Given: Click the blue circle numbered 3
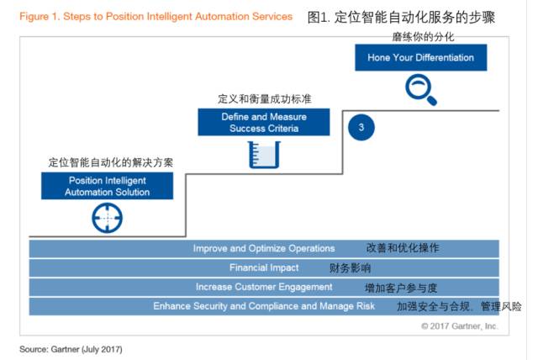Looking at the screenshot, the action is click(x=361, y=127).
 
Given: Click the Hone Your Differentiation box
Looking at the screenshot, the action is click(x=420, y=57).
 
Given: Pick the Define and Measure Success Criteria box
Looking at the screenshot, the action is click(x=264, y=122).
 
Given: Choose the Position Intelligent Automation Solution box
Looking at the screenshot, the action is click(x=107, y=186).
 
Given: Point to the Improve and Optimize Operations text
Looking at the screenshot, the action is click(x=264, y=248).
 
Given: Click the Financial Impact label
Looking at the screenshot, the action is click(x=264, y=267).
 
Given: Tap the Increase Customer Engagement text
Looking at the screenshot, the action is click(x=264, y=287).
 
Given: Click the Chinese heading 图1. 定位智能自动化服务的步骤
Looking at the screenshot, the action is click(x=401, y=17).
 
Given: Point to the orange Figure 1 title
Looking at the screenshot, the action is click(x=156, y=16).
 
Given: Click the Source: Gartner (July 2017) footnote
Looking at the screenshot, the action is click(x=71, y=349).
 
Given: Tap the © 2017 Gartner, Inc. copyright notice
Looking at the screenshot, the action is click(x=460, y=326).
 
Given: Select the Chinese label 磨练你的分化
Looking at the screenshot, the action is click(x=423, y=37).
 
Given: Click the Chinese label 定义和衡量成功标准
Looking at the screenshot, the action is click(x=265, y=99).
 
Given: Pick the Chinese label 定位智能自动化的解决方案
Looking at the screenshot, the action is click(x=110, y=162).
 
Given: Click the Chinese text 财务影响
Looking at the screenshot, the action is click(x=350, y=267).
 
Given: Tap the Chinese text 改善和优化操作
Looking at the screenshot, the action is click(x=403, y=248).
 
